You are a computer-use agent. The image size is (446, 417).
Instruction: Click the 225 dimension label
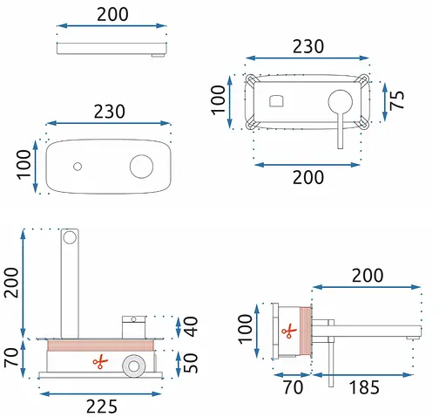click(x=102, y=407)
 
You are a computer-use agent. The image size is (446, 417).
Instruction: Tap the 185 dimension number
click(x=364, y=387)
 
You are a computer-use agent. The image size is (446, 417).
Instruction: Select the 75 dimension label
click(x=396, y=100)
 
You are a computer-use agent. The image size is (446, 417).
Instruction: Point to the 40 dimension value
click(x=191, y=326)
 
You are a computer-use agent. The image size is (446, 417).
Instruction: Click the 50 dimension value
click(x=191, y=363)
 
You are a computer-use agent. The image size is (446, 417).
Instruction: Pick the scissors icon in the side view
click(x=289, y=331)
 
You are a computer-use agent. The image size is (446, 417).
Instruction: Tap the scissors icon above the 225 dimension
click(x=100, y=362)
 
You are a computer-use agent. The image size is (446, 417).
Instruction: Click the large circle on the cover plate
click(x=141, y=167)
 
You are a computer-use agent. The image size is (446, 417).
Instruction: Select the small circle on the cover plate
click(x=78, y=167)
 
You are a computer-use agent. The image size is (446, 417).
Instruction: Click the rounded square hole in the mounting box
click(x=276, y=101)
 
